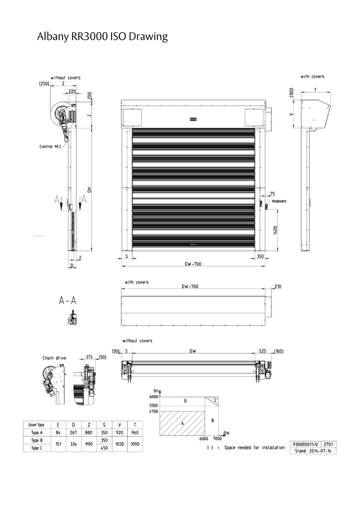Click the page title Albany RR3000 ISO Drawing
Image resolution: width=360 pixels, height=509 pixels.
102,37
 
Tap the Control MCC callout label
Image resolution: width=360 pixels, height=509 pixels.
50,146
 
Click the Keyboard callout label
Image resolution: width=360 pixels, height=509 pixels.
279,201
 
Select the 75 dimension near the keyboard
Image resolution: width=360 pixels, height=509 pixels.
272,194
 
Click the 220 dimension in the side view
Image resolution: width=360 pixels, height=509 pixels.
72,91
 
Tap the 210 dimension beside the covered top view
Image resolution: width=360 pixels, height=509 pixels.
278,287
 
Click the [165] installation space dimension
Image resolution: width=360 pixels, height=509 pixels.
279,351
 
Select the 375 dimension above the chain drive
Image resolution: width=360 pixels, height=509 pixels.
90,357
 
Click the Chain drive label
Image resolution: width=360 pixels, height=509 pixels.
54,358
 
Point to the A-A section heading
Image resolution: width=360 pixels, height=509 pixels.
68,300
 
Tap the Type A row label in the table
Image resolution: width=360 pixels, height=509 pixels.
36,432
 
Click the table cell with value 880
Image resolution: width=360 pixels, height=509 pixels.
89,432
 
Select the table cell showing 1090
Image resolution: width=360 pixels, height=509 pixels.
135,444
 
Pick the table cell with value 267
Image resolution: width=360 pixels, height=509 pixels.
73,432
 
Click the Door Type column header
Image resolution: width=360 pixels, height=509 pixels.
36,425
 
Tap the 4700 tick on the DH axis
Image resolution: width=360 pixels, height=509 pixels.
153,411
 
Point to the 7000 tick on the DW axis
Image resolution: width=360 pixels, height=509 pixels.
218,439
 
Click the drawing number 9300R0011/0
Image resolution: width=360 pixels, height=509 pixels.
305,444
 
